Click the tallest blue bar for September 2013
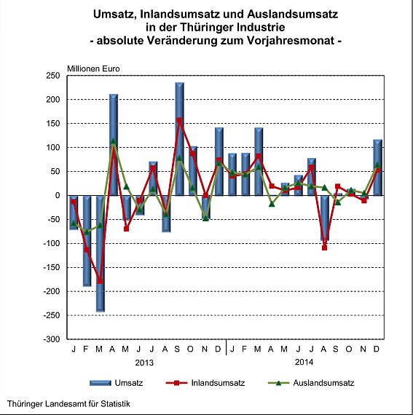[179, 138]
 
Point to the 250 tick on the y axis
[53, 76]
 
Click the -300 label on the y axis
[52, 339]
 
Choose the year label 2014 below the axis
[304, 362]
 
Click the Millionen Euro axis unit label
[93, 68]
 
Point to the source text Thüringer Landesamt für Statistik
[69, 403]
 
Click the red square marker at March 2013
[101, 280]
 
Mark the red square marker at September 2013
[179, 120]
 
